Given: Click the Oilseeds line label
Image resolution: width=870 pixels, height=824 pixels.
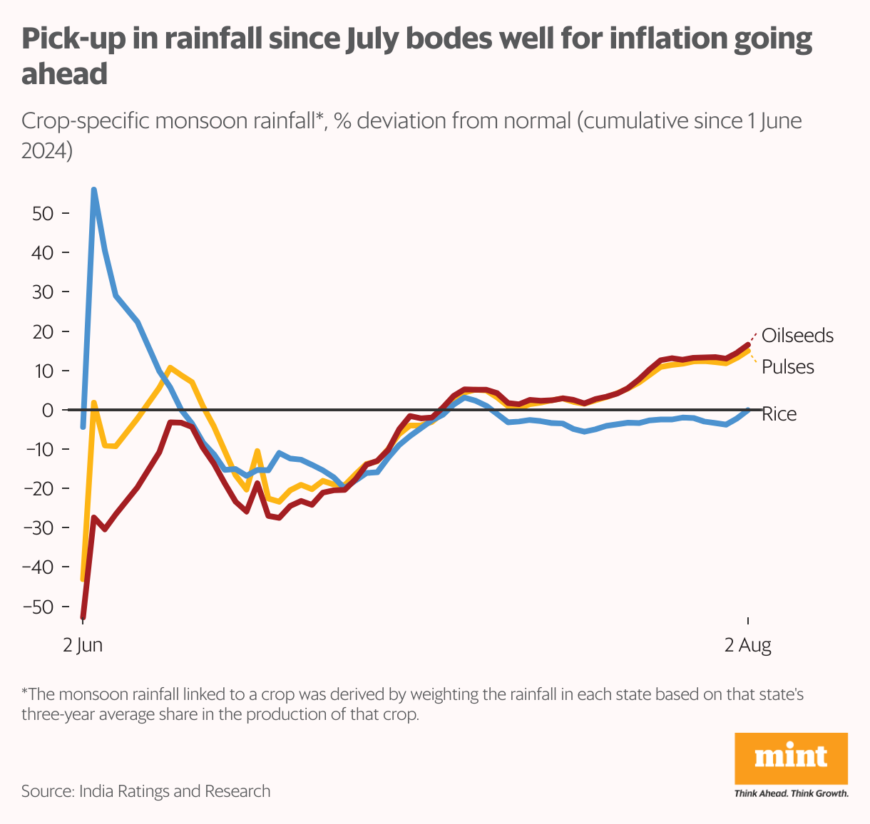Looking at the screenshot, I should pos(797,336).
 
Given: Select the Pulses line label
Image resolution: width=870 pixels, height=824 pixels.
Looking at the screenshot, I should pos(788,367).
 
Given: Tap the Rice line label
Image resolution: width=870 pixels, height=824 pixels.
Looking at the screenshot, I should pos(779,414).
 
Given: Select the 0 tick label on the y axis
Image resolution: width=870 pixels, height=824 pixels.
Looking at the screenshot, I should pos(48,411).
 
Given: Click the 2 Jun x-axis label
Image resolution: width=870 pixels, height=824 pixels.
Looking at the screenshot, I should pos(83,646).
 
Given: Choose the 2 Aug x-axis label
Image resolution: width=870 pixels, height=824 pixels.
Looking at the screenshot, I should pos(748,646).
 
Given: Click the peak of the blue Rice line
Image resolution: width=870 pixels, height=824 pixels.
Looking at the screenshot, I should pos(94,190).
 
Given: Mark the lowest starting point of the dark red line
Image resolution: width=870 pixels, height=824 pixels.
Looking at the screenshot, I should pos(83,617).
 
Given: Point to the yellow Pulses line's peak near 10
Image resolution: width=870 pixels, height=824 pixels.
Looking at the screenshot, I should pos(170,368).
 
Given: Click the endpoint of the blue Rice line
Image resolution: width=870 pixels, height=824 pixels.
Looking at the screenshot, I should pos(748,410).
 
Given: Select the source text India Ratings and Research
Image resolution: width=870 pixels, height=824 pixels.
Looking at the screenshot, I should pos(175,791).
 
